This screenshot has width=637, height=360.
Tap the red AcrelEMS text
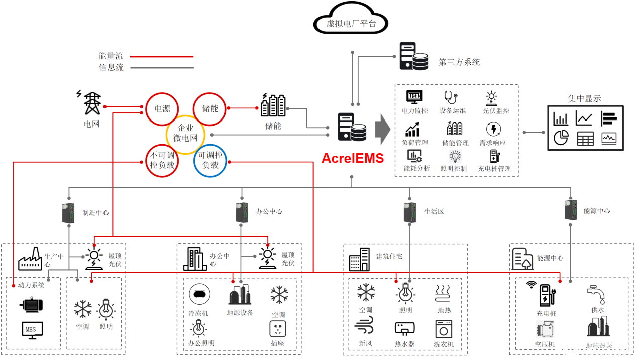click(x=352, y=158)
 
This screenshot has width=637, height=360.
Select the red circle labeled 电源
click(x=162, y=108)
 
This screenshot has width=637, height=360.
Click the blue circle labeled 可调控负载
click(x=210, y=161)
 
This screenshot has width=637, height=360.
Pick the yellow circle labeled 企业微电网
click(x=185, y=134)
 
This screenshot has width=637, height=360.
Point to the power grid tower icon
click(x=91, y=103)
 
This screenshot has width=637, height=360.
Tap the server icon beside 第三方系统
click(x=413, y=56)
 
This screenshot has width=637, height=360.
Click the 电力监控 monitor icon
click(x=414, y=97)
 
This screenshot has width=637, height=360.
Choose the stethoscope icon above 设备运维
click(x=450, y=97)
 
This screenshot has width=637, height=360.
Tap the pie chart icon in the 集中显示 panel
click(x=560, y=138)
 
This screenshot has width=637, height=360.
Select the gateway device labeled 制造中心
click(x=68, y=213)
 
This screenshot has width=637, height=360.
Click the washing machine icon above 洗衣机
click(x=444, y=329)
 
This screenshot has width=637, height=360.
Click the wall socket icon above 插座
click(x=278, y=329)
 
